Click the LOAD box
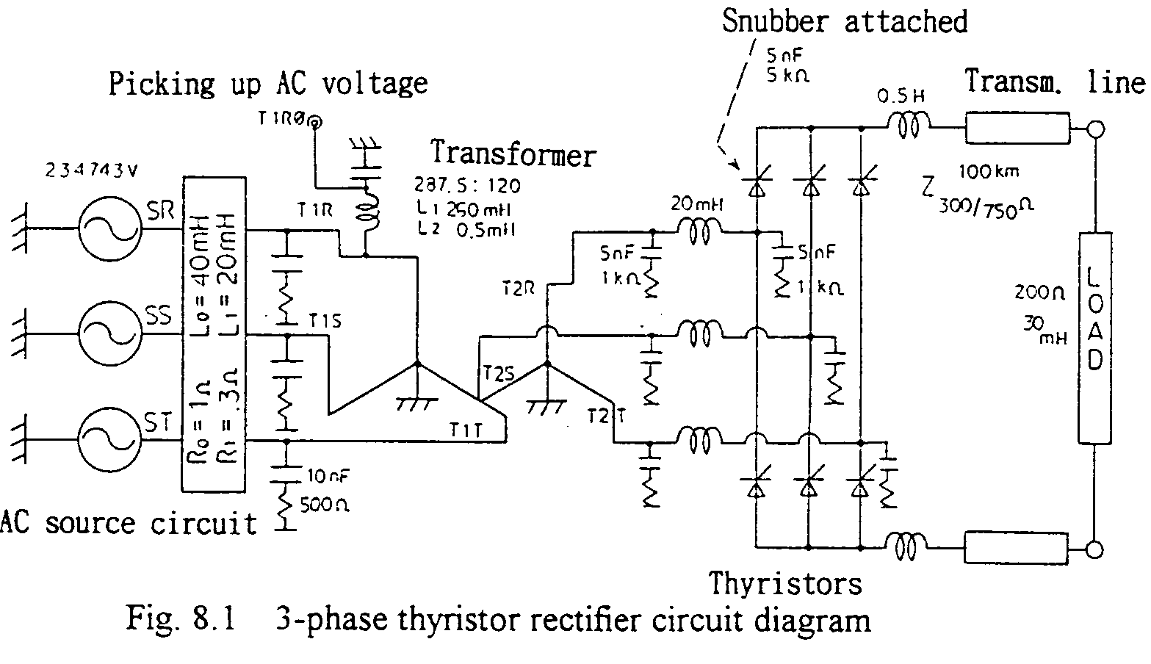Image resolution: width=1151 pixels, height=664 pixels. [x=1094, y=338]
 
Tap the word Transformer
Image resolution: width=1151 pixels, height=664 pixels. [x=513, y=155]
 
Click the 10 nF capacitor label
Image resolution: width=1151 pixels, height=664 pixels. [x=328, y=477]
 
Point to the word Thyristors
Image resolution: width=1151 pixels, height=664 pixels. [x=784, y=584]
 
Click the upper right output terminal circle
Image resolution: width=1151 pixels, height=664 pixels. [x=1095, y=131]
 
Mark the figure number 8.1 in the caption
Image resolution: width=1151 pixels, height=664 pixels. [x=214, y=618]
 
